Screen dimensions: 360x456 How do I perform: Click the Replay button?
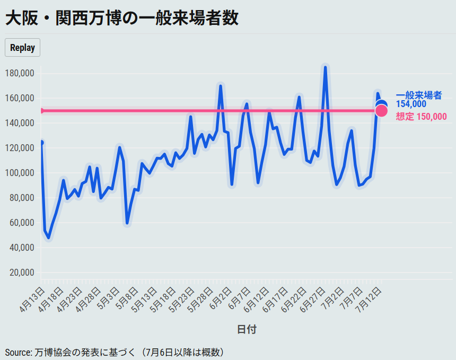[22, 48]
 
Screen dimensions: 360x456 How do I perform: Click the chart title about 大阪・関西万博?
[121, 18]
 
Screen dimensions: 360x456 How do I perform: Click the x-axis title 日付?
[247, 330]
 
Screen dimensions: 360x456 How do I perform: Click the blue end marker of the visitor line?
[381, 105]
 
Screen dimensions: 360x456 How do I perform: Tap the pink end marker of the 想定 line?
[381, 111]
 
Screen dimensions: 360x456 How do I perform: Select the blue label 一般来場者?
[418, 95]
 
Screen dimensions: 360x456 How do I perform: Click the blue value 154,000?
[411, 104]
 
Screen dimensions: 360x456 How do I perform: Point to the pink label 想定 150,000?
[421, 117]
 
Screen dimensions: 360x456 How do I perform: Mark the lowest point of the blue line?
[48, 238]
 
